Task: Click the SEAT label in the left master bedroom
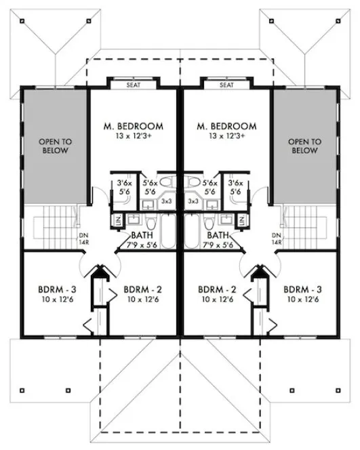(x=134, y=85)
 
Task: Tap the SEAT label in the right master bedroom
(x=226, y=85)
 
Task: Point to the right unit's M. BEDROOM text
(x=226, y=126)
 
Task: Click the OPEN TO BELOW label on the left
(x=55, y=146)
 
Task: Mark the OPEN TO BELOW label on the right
(x=304, y=146)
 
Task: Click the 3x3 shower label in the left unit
(x=167, y=201)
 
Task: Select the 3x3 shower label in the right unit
(x=193, y=201)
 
